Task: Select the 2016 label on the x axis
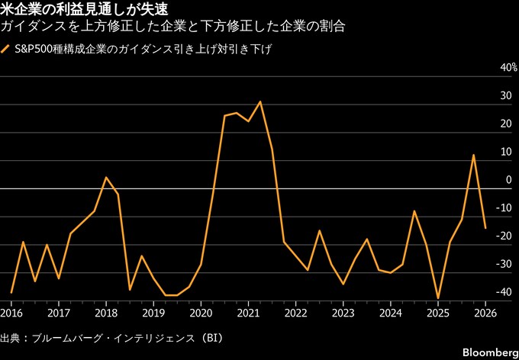tap(11, 313)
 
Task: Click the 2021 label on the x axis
tap(248, 313)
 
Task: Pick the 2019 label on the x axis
tap(153, 313)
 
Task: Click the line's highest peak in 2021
tap(260, 101)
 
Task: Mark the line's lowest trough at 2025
tap(438, 298)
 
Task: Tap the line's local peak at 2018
tap(106, 178)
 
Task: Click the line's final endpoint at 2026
tap(485, 227)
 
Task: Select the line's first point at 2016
tap(11, 293)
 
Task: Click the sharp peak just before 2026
tap(473, 155)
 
